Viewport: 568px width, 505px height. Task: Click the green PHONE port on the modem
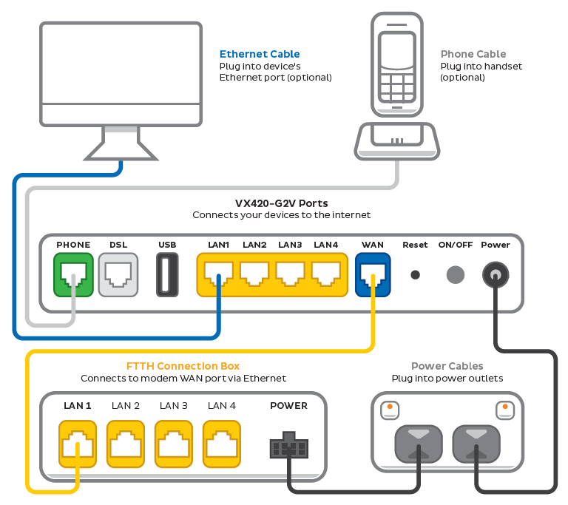(73, 274)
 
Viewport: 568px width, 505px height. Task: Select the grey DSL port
(118, 274)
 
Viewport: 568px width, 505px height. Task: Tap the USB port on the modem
(167, 274)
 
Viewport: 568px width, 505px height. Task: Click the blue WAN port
(373, 274)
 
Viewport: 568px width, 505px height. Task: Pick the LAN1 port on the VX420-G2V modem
(218, 274)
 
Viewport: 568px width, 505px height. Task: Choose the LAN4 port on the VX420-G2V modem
(325, 274)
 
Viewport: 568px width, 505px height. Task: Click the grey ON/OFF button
(456, 274)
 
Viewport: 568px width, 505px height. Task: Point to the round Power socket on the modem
(495, 275)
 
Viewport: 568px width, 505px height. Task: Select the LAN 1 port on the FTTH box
(78, 444)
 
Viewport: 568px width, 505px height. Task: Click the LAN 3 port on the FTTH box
(174, 444)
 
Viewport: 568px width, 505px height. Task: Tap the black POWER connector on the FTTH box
(288, 447)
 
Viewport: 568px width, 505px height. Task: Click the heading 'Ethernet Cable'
(260, 54)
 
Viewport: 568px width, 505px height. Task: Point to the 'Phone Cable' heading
(473, 54)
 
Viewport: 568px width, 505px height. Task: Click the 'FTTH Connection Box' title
(183, 366)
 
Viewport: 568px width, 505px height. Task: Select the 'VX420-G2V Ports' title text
(281, 203)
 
